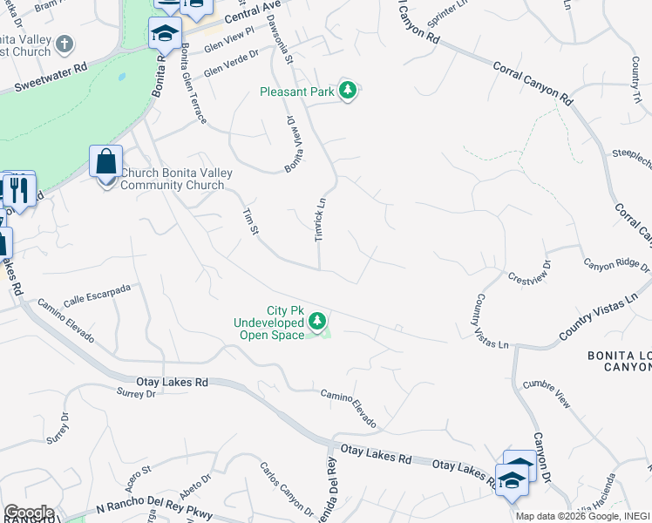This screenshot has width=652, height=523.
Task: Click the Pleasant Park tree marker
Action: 348,91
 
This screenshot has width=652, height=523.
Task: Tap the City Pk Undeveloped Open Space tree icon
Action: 317,323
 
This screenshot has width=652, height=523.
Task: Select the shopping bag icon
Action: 105,162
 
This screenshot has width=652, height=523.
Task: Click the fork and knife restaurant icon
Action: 17,188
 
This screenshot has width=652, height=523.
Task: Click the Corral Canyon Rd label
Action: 532,83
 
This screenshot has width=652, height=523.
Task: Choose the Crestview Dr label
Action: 530,271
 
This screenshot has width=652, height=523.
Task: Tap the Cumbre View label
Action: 547,394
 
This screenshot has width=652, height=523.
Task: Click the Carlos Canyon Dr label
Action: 285,487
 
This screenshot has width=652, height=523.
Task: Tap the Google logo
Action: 28,513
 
